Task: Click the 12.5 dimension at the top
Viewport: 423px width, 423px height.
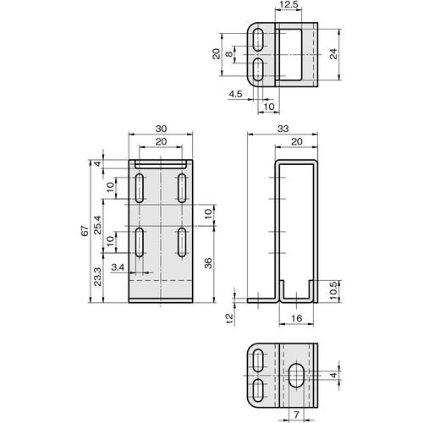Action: (288, 4)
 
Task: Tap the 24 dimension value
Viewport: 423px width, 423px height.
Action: (333, 54)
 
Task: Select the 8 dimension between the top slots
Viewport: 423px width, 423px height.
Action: (230, 53)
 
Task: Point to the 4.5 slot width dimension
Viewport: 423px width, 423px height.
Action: (235, 94)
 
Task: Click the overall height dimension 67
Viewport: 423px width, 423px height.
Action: (85, 231)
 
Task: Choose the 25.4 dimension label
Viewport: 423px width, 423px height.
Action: (97, 225)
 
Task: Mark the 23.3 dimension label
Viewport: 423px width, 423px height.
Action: (97, 277)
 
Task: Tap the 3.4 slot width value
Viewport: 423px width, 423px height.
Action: (118, 267)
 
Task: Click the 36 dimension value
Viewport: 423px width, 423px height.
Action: (208, 263)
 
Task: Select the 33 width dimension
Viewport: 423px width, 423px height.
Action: (283, 129)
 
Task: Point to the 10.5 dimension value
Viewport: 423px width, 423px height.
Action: (333, 290)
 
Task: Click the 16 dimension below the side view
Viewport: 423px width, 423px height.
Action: (296, 318)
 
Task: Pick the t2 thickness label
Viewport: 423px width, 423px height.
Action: (230, 318)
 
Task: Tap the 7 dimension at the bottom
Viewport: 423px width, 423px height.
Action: (296, 415)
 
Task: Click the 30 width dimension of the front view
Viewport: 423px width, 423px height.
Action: (161, 129)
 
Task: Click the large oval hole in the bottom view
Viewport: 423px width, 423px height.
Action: (296, 376)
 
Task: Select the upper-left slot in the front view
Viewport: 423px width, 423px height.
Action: (140, 188)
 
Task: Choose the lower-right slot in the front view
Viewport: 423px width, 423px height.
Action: (182, 243)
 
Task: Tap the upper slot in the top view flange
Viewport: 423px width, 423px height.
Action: (258, 40)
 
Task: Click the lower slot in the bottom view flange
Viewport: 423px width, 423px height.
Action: (258, 390)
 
